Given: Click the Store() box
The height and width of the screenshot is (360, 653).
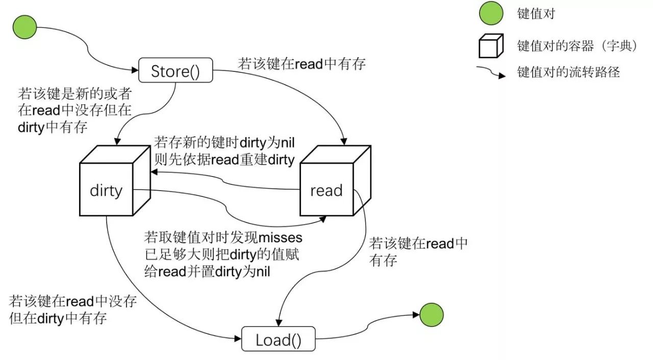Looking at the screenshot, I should pyautogui.click(x=175, y=70).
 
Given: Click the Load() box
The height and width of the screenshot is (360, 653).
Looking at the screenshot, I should pyautogui.click(x=278, y=340).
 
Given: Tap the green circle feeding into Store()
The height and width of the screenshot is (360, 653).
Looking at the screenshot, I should pyautogui.click(x=24, y=27).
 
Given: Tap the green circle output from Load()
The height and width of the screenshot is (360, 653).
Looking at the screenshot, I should pyautogui.click(x=431, y=315).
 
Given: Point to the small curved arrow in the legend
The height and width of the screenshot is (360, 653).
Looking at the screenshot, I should pyautogui.click(x=491, y=72).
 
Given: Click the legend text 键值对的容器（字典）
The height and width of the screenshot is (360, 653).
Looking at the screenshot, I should pyautogui.click(x=577, y=46).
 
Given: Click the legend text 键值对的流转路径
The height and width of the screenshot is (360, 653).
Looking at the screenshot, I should pyautogui.click(x=568, y=72).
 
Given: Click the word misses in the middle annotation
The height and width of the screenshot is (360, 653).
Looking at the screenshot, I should pyautogui.click(x=281, y=237).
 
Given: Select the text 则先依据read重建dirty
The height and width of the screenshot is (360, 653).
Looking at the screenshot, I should pyautogui.click(x=224, y=160).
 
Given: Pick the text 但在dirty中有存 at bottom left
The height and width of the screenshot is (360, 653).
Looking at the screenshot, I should pyautogui.click(x=58, y=319).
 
